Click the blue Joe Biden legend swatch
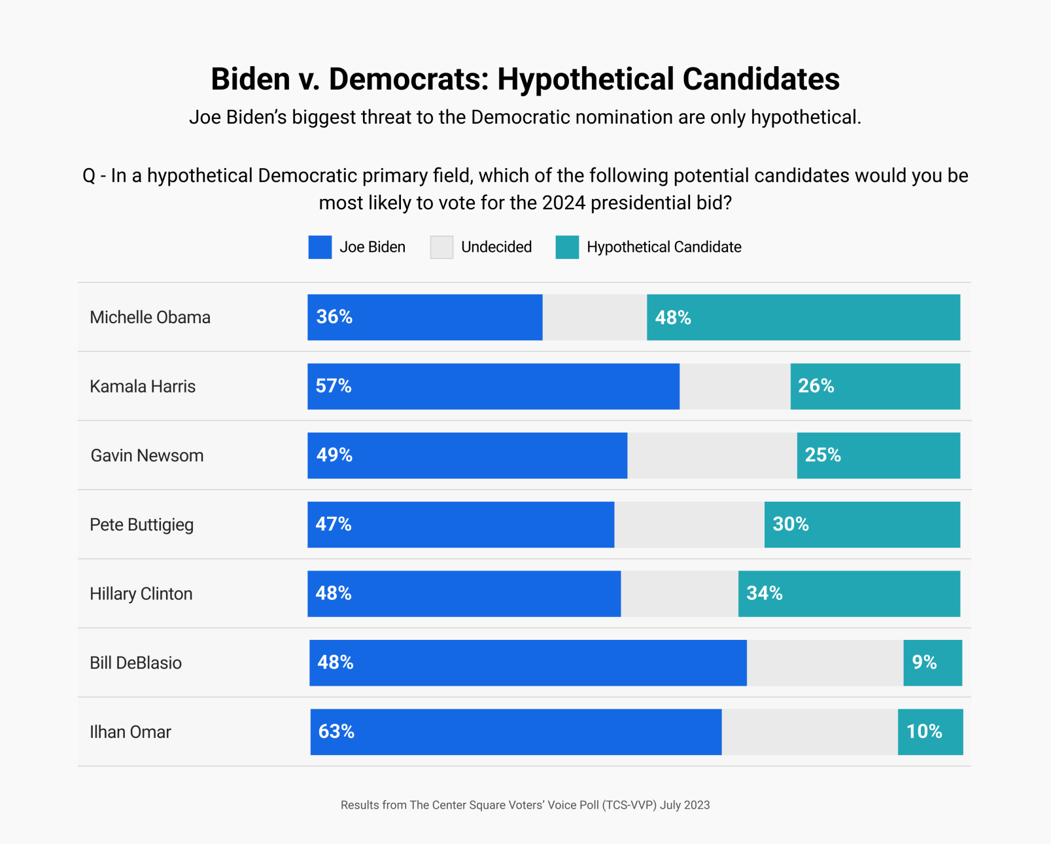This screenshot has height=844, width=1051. (320, 247)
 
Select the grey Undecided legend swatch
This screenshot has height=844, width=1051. (441, 247)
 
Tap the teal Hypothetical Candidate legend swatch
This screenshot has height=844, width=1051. (567, 247)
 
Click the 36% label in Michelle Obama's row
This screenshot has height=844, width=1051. (334, 317)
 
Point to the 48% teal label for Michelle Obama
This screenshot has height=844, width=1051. (673, 318)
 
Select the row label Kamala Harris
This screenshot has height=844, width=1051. (143, 387)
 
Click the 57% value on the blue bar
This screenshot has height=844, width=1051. (334, 386)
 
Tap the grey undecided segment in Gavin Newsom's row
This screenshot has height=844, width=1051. (712, 455)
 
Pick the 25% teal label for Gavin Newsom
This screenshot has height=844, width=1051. (822, 455)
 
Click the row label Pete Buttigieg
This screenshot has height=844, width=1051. (141, 525)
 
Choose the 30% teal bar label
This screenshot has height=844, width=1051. (790, 524)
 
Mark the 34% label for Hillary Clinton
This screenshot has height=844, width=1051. (764, 593)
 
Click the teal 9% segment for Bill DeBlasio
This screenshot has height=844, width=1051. (933, 663)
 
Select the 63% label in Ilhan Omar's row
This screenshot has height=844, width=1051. (336, 731)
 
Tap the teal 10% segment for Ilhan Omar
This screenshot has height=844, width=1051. (930, 732)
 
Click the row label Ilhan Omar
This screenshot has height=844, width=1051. (130, 732)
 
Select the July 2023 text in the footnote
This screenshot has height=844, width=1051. (684, 805)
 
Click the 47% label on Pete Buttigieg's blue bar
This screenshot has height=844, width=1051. (334, 524)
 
